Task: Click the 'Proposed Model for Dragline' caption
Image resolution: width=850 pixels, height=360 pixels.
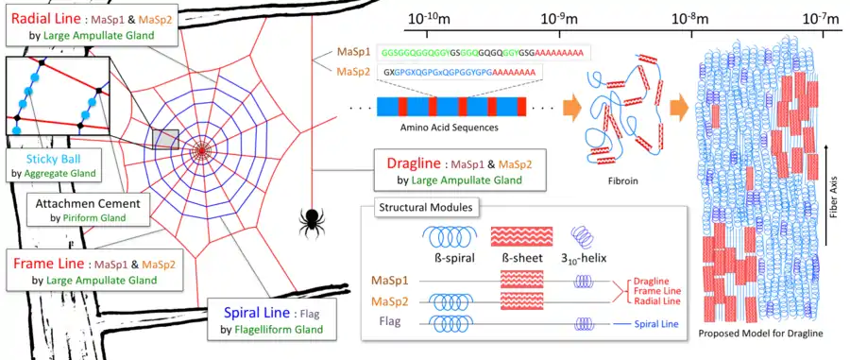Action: click(763, 334)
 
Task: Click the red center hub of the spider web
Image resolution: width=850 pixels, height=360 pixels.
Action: click(202, 148)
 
